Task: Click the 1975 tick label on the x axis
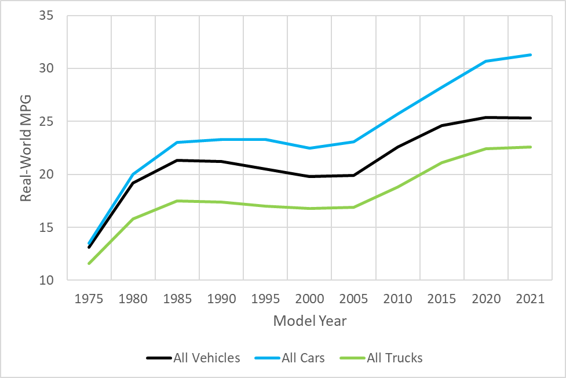89,299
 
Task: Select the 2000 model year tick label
309,299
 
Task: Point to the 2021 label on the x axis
530,299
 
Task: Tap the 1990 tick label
221,299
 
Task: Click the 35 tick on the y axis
46,16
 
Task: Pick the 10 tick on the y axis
46,281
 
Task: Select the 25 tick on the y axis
46,122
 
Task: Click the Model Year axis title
309,321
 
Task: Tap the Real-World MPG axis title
26,148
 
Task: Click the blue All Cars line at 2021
530,55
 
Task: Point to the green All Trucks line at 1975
89,263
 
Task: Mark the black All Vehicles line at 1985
177,161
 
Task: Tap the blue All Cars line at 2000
309,148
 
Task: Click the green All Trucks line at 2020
485,149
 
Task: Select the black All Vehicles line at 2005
353,175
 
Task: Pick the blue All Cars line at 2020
485,61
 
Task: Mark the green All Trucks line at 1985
177,201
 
